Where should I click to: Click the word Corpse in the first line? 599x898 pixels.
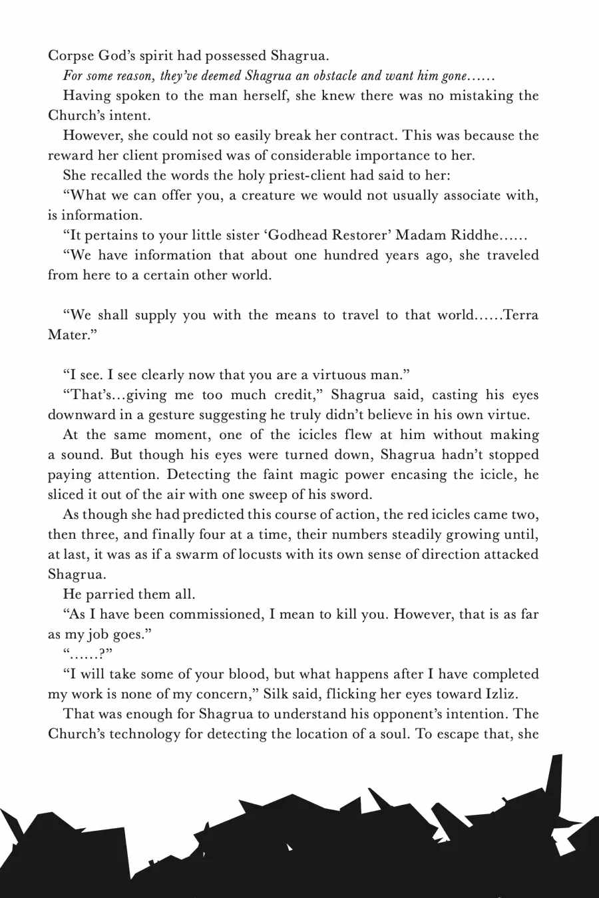(x=69, y=56)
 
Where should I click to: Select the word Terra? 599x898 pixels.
(x=521, y=315)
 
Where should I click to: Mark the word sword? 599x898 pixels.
(x=351, y=495)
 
